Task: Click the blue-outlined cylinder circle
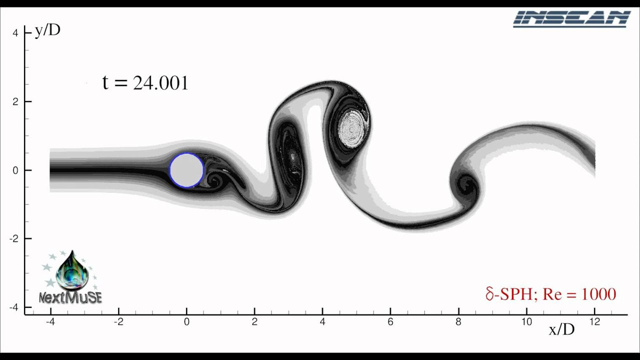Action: pyautogui.click(x=186, y=170)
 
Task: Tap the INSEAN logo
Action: pyautogui.click(x=572, y=19)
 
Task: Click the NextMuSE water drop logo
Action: pyautogui.click(x=71, y=277)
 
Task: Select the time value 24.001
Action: pyautogui.click(x=160, y=83)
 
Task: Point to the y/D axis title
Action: pyautogui.click(x=47, y=30)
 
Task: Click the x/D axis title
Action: pyautogui.click(x=561, y=329)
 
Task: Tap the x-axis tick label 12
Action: pyautogui.click(x=595, y=322)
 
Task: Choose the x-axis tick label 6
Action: pyautogui.click(x=390, y=322)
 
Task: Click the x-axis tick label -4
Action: pyautogui.click(x=50, y=322)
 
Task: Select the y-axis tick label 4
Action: pyautogui.click(x=15, y=33)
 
